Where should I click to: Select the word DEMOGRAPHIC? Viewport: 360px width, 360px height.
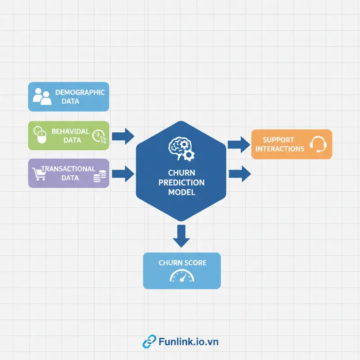click(80, 92)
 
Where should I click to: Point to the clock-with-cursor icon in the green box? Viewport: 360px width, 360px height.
click(99, 135)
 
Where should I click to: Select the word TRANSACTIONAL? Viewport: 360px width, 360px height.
click(68, 169)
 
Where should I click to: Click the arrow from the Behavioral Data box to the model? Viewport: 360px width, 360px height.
click(122, 135)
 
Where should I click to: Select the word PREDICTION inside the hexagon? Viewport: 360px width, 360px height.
click(180, 183)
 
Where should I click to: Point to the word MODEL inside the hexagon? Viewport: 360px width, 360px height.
click(180, 192)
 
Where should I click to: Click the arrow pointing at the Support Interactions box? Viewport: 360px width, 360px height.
click(238, 144)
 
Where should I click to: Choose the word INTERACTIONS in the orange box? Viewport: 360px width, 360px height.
click(279, 148)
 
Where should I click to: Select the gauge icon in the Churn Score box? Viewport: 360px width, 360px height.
click(181, 276)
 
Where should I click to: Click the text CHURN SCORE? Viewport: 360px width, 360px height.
click(182, 262)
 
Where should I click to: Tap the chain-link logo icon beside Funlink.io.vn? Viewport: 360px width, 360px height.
click(148, 342)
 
